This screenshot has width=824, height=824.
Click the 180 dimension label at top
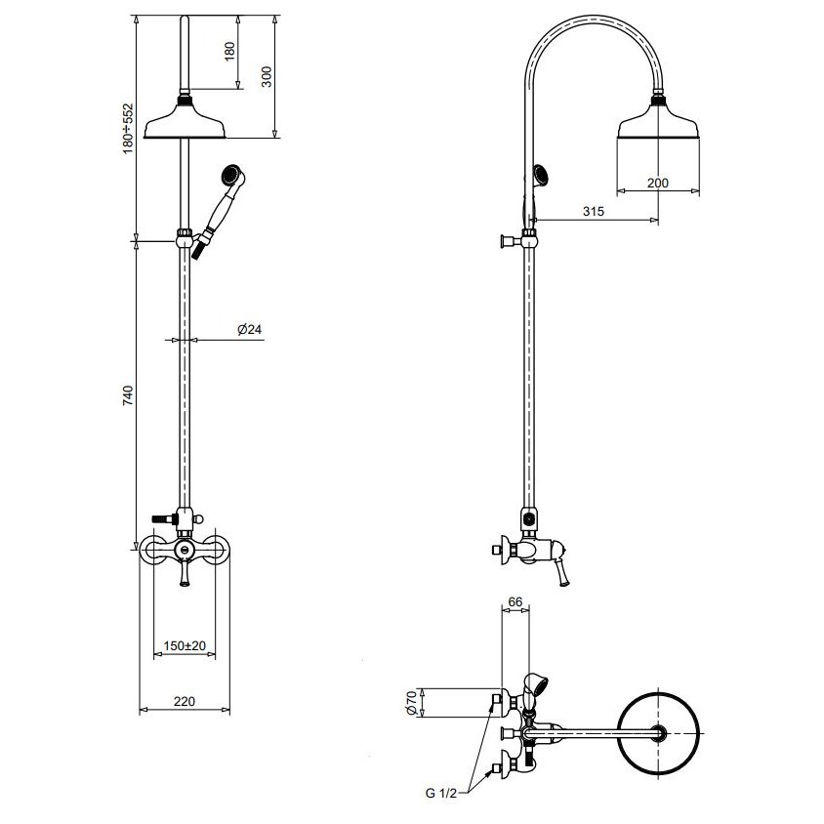pyautogui.click(x=230, y=51)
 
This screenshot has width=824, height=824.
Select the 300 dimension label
pyautogui.click(x=267, y=77)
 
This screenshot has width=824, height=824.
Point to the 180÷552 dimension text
pyautogui.click(x=128, y=129)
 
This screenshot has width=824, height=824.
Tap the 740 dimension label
pyautogui.click(x=128, y=395)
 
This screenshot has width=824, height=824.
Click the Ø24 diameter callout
pyautogui.click(x=249, y=329)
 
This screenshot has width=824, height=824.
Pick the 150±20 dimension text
pyautogui.click(x=185, y=645)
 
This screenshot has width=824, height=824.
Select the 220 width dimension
pyautogui.click(x=185, y=701)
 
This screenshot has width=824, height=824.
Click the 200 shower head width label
pyautogui.click(x=657, y=183)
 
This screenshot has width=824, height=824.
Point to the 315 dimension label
pyautogui.click(x=594, y=211)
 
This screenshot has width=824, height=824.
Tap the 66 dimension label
pyautogui.click(x=515, y=601)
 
